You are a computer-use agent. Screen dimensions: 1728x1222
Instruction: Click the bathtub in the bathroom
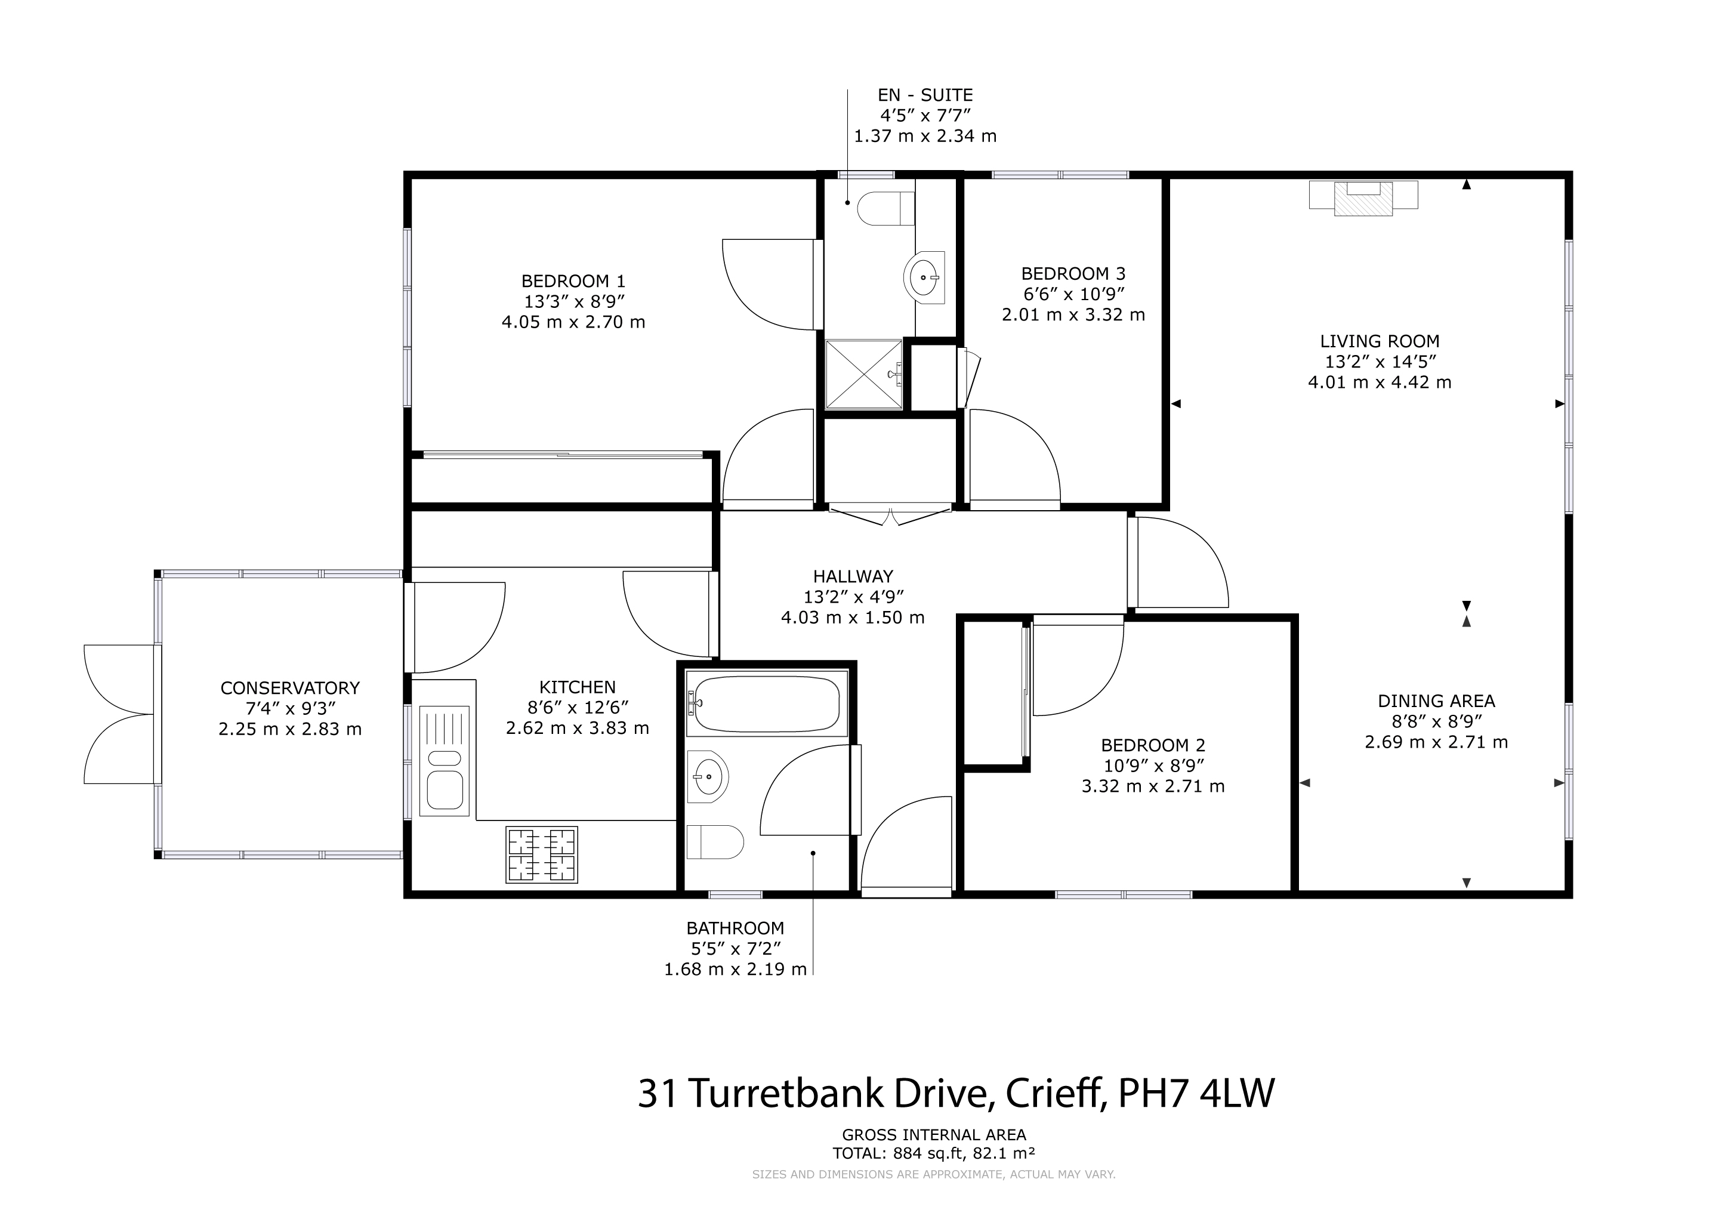click(x=766, y=703)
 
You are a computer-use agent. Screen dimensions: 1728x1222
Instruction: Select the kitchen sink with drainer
click(x=444, y=761)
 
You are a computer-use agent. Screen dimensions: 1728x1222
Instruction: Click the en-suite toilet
click(x=886, y=208)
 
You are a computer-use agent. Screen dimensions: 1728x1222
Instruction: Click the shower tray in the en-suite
click(x=863, y=375)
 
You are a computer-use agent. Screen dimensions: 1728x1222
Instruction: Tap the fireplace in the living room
click(x=1363, y=197)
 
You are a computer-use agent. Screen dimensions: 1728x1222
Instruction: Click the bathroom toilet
click(x=715, y=841)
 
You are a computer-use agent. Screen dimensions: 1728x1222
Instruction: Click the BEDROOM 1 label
click(x=573, y=282)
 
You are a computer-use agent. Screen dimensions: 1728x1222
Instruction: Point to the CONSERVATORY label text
click(x=290, y=688)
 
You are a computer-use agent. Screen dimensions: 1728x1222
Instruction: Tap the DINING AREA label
click(x=1436, y=701)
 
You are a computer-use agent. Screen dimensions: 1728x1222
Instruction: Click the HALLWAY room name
click(x=853, y=576)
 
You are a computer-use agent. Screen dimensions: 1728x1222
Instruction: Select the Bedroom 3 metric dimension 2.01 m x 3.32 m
click(x=1073, y=314)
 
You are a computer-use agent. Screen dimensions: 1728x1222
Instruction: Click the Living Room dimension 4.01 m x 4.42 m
click(x=1380, y=382)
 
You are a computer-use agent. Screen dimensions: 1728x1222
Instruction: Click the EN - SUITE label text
click(x=925, y=95)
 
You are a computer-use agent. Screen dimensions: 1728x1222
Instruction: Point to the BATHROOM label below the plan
click(x=735, y=928)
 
